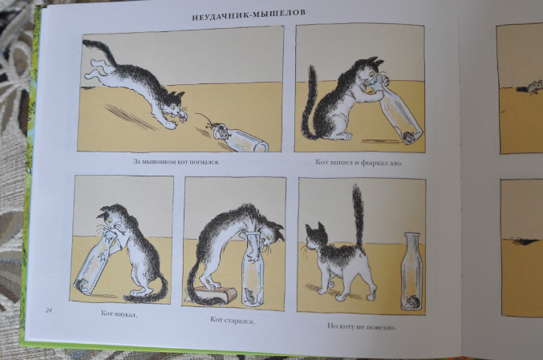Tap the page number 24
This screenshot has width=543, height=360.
(48, 310)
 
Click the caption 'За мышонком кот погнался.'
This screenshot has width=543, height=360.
(176, 162)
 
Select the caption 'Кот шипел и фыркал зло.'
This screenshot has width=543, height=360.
(359, 162)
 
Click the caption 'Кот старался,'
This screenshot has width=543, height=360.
(233, 320)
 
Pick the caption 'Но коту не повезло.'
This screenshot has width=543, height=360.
(361, 326)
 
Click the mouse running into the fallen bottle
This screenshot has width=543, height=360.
(218, 129)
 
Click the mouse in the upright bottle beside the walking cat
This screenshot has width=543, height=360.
(412, 302)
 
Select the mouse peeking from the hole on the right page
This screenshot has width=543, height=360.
(534, 87)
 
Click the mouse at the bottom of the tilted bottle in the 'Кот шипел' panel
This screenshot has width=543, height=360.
(408, 138)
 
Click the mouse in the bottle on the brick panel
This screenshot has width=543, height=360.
(249, 295)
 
